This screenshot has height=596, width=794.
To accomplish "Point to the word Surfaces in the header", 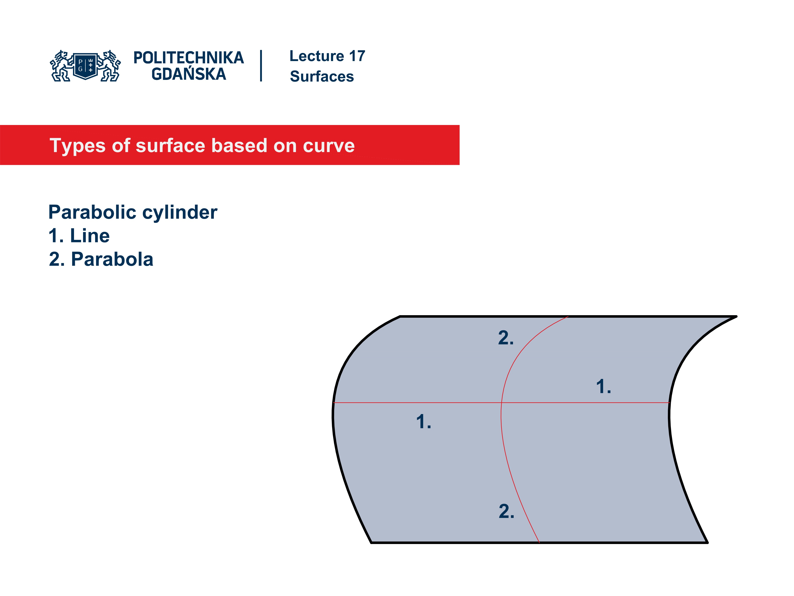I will pos(322,77).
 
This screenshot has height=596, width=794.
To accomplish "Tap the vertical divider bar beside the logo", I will pos(261,66).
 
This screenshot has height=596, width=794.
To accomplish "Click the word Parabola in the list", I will pos(112,259).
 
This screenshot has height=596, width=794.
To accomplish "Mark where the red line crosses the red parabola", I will pos(501,403).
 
